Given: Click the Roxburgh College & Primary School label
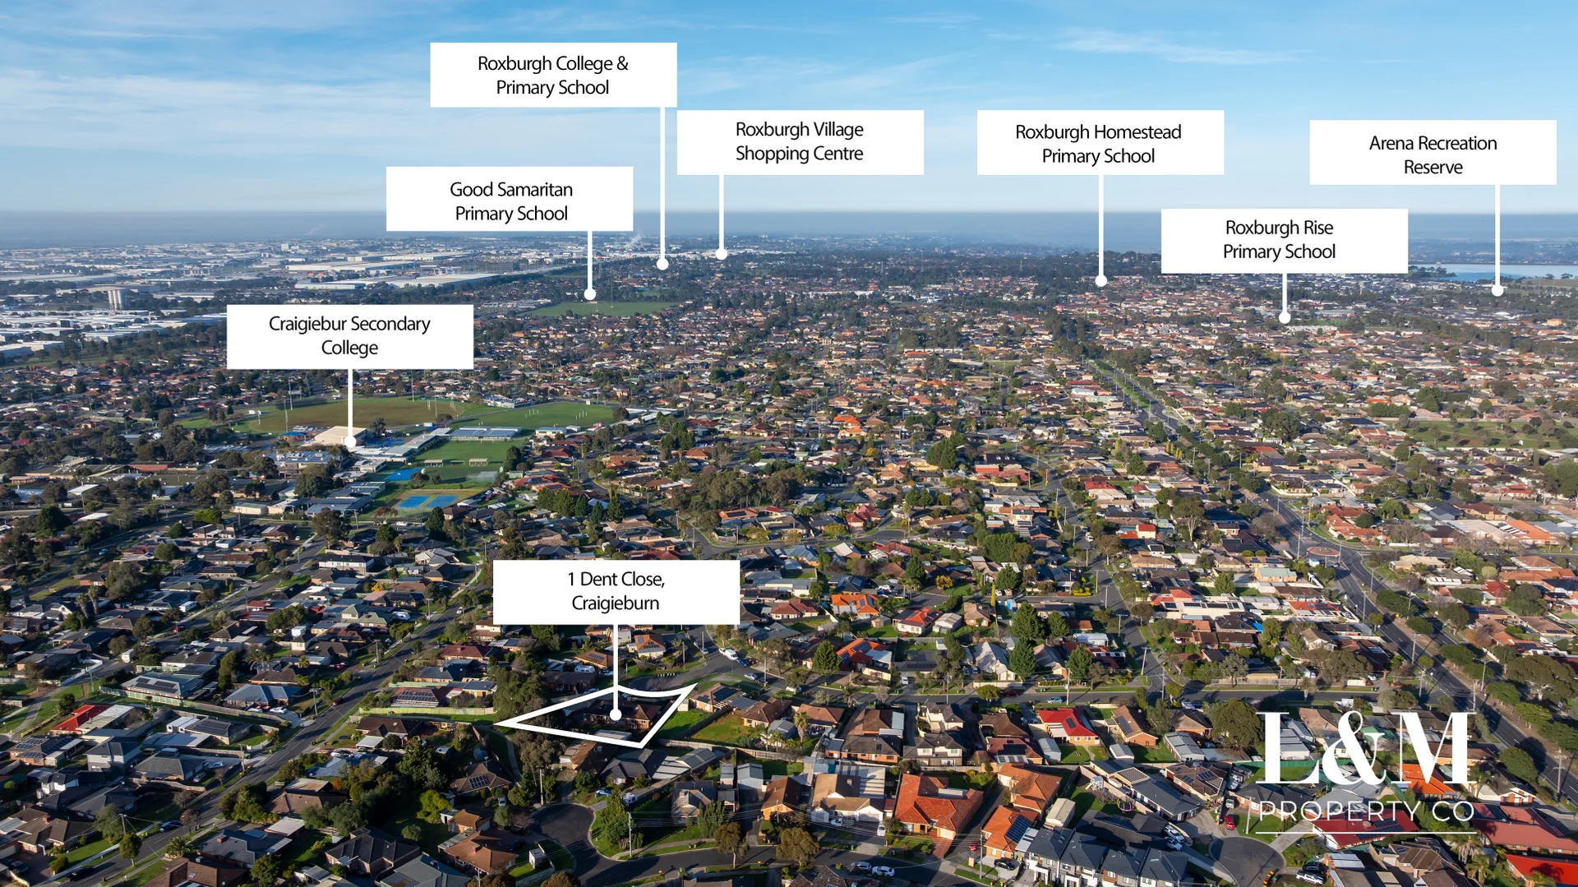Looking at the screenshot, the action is [553, 75].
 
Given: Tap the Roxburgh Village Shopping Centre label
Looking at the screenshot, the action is [800, 142].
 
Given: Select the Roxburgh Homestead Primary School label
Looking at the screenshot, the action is [1100, 142].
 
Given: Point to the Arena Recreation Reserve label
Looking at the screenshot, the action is [1433, 153].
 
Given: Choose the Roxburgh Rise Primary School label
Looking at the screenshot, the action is [1284, 241].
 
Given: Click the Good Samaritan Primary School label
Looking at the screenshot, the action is [510, 199].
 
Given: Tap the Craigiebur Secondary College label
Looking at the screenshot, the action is [350, 337].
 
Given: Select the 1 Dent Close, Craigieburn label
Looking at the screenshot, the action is [616, 592].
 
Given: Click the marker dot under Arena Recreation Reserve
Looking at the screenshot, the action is [1497, 291].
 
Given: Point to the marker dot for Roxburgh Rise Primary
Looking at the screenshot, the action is [1285, 317].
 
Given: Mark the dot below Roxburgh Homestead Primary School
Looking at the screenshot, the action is [1101, 281].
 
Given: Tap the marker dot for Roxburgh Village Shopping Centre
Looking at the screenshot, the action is [722, 255].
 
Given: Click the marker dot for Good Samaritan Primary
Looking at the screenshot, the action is [590, 294].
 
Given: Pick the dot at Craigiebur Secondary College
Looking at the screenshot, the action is [350, 441].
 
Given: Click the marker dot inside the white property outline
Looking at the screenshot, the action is [616, 715].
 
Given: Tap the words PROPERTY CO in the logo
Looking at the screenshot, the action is [1366, 812].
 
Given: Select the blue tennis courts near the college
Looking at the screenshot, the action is [427, 501].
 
